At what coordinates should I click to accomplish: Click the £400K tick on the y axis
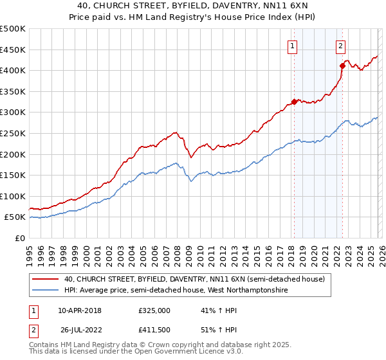13,70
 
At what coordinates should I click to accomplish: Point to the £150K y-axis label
13,175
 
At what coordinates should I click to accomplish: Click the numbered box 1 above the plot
293,45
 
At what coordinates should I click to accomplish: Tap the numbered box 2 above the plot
340,45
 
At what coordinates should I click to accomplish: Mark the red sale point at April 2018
294,102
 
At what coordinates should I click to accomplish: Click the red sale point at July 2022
342,65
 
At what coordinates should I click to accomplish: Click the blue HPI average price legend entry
176,291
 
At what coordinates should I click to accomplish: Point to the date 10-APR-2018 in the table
80,310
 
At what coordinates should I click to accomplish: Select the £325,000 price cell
154,310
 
